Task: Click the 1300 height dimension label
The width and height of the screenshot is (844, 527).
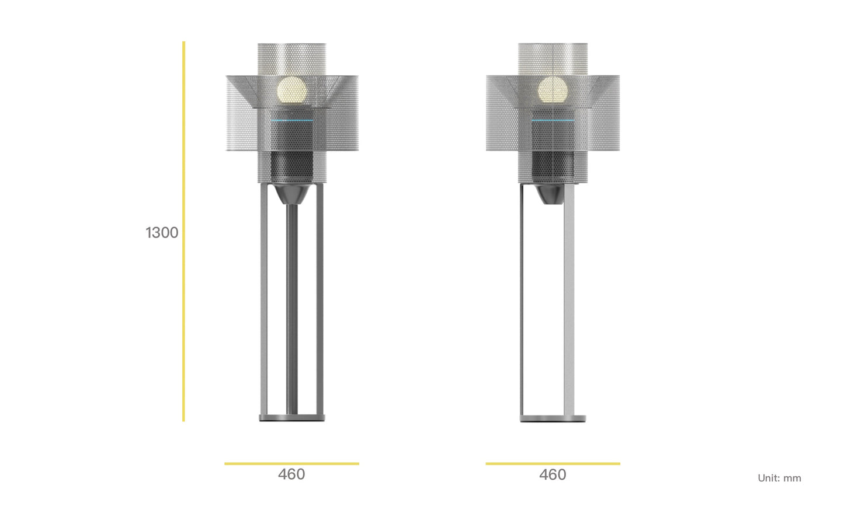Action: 162,233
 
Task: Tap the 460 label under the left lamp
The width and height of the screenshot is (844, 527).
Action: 291,474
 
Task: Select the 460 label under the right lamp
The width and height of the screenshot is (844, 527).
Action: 553,474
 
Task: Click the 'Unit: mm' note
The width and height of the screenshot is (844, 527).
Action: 779,478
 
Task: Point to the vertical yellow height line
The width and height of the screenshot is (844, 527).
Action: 183,232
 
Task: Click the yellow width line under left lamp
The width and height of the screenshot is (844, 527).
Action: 291,464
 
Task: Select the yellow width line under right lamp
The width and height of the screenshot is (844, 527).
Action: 553,464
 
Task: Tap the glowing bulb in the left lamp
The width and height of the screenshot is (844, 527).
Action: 292,90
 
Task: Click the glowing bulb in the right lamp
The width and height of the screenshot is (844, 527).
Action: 553,90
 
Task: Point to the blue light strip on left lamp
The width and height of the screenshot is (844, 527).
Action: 292,120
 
